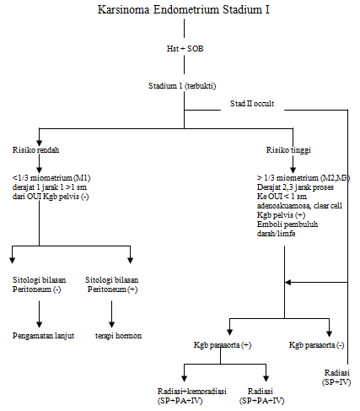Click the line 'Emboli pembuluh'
click(287, 225)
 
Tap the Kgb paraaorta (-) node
click(316, 346)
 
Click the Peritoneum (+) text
click(114, 288)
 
